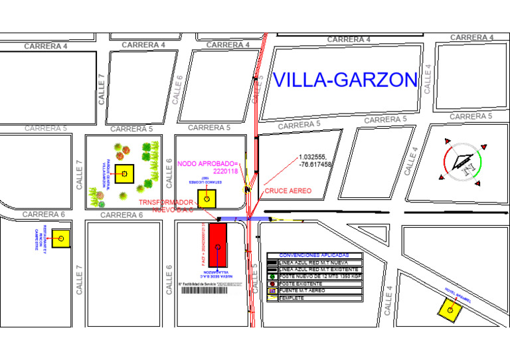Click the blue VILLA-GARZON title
coord(345,80)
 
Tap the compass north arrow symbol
coord(463,161)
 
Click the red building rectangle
coord(217,244)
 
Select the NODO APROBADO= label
coord(207,163)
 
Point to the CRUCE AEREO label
coord(288,191)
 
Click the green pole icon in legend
coord(272,276)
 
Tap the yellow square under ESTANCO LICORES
coord(207,198)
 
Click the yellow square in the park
coord(124,173)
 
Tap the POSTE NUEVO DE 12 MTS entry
coord(321,276)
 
